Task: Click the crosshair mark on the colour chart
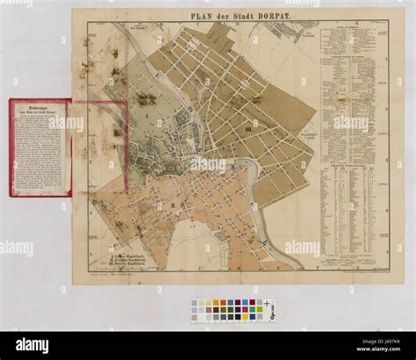click(x=267, y=304)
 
